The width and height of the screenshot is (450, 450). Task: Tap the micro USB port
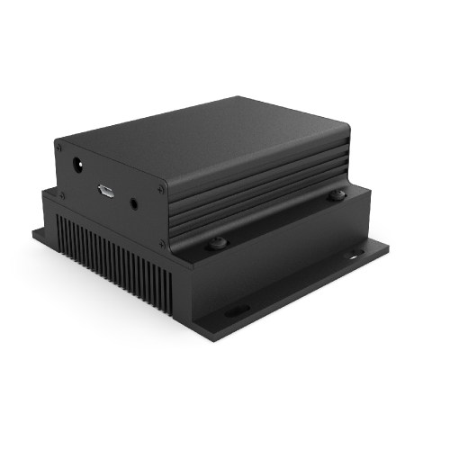click(105, 189)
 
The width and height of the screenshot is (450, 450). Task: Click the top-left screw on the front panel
click(59, 145)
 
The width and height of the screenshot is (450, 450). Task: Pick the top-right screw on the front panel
click(162, 189)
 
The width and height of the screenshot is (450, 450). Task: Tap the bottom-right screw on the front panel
click(163, 242)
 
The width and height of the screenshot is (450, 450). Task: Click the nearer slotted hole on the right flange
click(237, 310)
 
